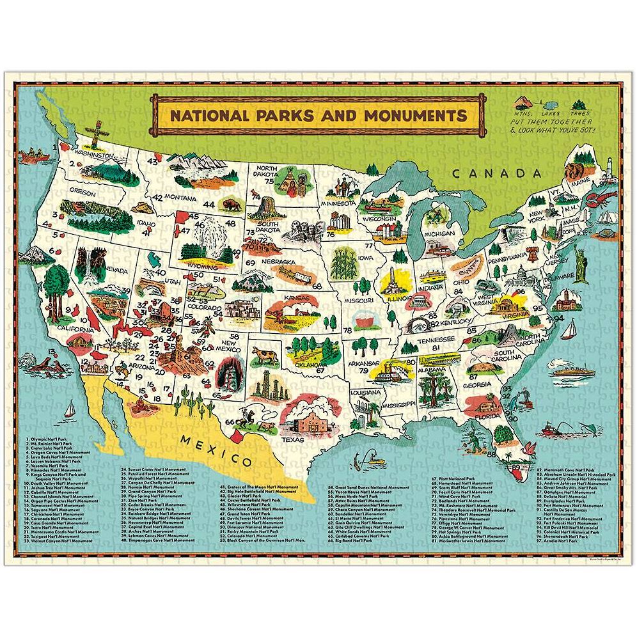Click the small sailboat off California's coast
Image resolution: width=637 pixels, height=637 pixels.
pyautogui.click(x=72, y=406)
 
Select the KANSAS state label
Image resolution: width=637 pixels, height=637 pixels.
pyautogui.click(x=283, y=298)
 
